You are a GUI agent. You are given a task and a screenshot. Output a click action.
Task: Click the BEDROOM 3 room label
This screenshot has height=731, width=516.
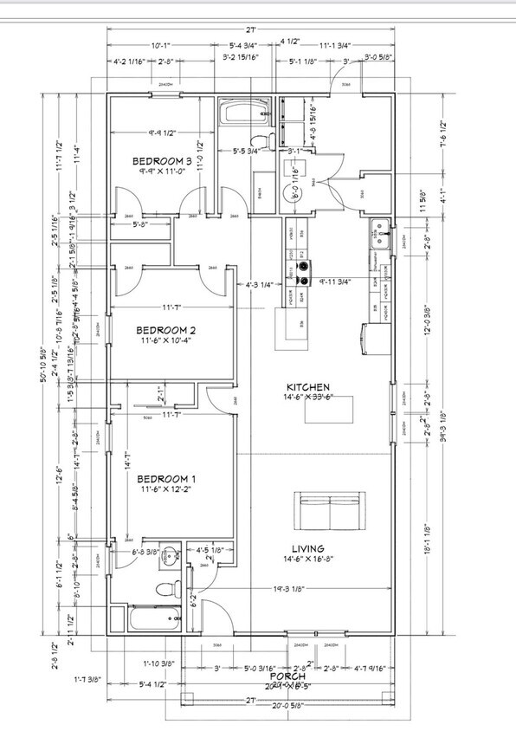click(162, 162)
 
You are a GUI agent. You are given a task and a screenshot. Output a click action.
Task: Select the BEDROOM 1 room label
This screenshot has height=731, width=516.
click(167, 479)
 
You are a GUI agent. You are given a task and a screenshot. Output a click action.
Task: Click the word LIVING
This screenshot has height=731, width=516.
click(308, 548)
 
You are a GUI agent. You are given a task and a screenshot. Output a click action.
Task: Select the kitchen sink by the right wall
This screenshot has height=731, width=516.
click(378, 231)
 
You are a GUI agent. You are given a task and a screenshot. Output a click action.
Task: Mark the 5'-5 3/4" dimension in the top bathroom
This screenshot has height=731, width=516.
click(250, 152)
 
